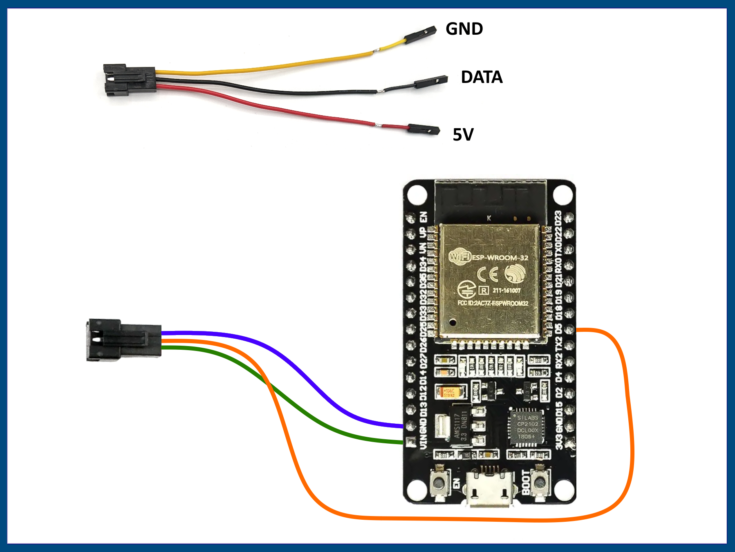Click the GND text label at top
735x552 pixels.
[x=464, y=29]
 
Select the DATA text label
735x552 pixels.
[x=482, y=77]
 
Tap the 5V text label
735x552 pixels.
[x=463, y=134]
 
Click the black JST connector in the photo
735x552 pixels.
[x=129, y=80]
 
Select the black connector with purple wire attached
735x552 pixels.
[x=123, y=340]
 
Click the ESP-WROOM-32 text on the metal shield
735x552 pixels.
[x=500, y=258]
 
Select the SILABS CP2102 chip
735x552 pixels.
[x=527, y=427]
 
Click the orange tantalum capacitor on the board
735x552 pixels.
[x=450, y=392]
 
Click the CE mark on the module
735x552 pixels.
[x=487, y=274]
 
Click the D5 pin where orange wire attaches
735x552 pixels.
[x=569, y=329]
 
